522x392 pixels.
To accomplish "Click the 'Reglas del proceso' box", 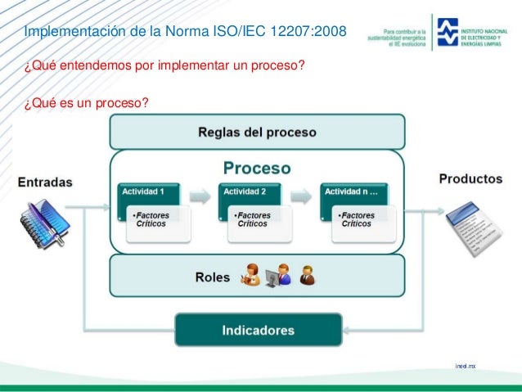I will click(x=257, y=132).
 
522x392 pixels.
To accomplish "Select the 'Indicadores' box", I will click(x=258, y=331).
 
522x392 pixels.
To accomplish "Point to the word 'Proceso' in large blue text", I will click(x=257, y=168).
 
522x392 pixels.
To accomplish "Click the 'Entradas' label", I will click(x=46, y=181).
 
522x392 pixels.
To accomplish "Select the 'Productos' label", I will click(x=470, y=178).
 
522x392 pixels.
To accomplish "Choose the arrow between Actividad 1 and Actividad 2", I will click(x=200, y=196).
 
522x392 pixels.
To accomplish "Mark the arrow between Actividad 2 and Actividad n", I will click(x=302, y=196).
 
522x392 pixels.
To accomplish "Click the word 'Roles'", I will click(x=212, y=277).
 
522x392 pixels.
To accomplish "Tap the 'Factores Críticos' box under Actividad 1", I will click(x=158, y=222).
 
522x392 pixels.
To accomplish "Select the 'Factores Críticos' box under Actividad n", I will click(x=363, y=222).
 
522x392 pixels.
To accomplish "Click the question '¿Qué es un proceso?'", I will click(x=79, y=102).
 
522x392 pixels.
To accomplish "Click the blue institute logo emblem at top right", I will click(x=448, y=32).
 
